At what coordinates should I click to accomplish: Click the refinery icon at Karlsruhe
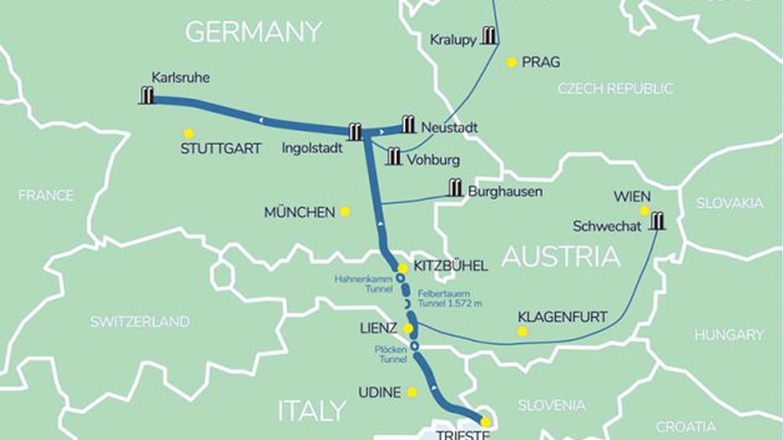click(147, 96)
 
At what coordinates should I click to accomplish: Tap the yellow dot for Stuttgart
click(189, 133)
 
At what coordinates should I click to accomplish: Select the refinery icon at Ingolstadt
click(355, 131)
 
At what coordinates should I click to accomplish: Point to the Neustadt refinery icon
click(409, 125)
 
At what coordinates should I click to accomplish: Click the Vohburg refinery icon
click(395, 156)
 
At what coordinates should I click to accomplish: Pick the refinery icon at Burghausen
click(455, 188)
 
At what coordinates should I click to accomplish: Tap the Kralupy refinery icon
click(489, 36)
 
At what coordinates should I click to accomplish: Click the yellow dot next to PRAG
click(512, 62)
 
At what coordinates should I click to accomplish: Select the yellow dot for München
click(345, 211)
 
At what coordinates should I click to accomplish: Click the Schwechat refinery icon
click(657, 221)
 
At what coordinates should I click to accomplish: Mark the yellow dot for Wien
click(644, 211)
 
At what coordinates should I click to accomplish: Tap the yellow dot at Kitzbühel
click(403, 268)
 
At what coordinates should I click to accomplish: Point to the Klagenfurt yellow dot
click(522, 331)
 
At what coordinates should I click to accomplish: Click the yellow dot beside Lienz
click(408, 329)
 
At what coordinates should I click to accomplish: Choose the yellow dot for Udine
click(412, 392)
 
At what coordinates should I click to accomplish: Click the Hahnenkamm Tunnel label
click(362, 283)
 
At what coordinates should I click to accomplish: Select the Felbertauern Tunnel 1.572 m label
click(449, 298)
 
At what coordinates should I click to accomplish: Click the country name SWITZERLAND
click(139, 322)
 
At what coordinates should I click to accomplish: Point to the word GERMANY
click(253, 32)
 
